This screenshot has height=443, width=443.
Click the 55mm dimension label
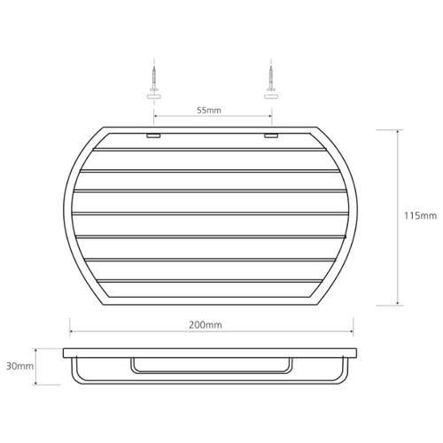209,111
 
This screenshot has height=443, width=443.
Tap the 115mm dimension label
420,216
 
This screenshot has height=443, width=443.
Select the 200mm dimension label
206,325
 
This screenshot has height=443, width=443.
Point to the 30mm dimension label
19,366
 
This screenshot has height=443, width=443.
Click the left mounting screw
153,78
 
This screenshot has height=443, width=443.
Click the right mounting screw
270,78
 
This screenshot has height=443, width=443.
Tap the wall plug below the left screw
154,97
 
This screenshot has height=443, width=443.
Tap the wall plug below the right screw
271,97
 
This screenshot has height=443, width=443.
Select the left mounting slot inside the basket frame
153,136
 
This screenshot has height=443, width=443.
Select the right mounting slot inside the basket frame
271,136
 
